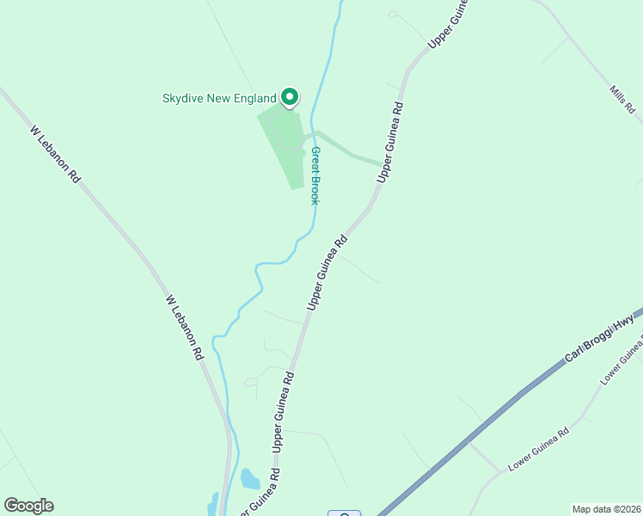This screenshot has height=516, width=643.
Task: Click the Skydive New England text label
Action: click(219, 98)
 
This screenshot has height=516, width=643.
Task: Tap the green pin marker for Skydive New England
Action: click(291, 97)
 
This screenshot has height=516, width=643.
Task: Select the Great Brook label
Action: click(315, 175)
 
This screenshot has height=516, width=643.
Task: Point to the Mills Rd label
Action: click(622, 100)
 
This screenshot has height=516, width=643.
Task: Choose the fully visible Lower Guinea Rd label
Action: click(538, 450)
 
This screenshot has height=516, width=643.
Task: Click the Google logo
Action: click(28, 506)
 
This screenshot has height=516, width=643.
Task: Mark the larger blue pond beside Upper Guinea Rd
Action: click(249, 478)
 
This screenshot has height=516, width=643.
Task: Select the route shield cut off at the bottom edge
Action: click(344, 513)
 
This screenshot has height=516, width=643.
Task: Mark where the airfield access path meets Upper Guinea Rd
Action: click(383, 163)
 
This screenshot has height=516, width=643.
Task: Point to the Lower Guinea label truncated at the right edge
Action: click(622, 362)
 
